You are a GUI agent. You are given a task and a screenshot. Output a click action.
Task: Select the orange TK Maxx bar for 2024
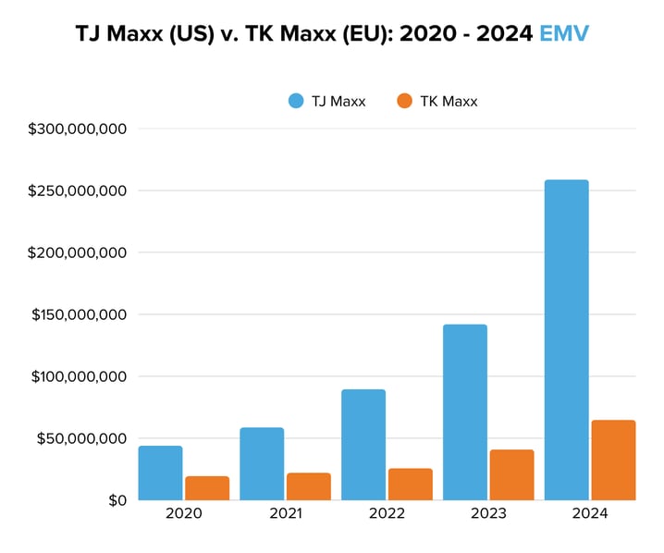pos(613,460)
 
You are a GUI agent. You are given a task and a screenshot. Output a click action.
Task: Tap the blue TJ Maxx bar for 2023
pos(464,412)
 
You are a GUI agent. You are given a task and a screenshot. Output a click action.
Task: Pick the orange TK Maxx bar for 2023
pos(511,474)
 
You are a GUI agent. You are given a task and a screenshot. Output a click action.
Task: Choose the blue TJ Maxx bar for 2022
pos(363,444)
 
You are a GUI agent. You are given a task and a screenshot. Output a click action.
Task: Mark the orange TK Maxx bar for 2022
pos(410,484)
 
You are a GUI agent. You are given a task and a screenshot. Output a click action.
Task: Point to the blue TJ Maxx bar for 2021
pos(262,463)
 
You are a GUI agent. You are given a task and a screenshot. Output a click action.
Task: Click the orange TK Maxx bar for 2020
pos(206,487)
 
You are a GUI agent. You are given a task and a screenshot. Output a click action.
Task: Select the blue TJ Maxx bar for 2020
pos(160,473)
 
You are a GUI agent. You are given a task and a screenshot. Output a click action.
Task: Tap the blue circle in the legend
pos(296,102)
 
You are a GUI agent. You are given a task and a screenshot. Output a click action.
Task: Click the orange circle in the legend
pos(403,102)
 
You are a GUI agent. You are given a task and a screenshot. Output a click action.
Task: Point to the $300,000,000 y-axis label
pos(78,129)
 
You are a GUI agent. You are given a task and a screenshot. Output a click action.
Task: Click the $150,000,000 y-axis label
pos(78,314)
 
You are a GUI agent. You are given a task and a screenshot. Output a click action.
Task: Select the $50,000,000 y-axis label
pos(81,438)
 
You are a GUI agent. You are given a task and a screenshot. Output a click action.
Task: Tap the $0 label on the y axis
pos(116,500)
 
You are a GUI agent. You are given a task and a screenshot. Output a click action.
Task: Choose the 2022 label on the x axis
pos(387,514)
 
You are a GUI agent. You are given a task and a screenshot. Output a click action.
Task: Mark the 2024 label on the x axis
pos(590,514)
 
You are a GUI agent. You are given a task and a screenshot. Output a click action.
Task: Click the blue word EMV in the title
pos(563,34)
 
